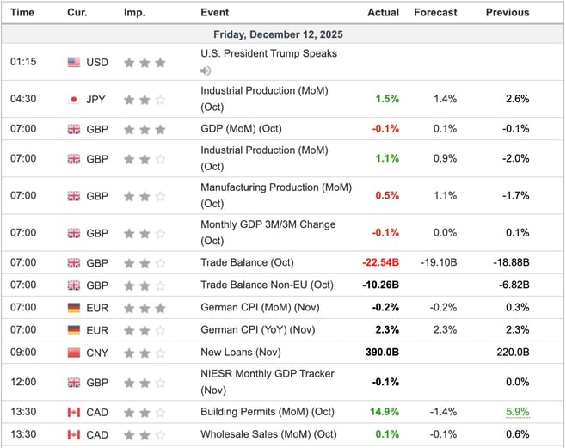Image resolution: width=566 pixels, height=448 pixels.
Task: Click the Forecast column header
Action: [435, 13]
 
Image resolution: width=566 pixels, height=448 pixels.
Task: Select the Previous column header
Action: [508, 13]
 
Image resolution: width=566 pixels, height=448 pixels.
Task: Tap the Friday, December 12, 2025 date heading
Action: [282, 34]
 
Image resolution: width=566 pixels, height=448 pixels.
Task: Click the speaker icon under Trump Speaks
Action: [206, 71]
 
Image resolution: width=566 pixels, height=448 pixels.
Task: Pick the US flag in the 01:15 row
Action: [74, 62]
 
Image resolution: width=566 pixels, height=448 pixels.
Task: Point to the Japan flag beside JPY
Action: [74, 99]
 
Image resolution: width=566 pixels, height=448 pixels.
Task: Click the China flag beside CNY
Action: [74, 352]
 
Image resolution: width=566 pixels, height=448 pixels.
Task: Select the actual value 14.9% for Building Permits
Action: [384, 412]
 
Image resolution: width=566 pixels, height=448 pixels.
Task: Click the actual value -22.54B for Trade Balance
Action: [379, 262]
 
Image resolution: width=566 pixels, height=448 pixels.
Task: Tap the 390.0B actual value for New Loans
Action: [381, 352]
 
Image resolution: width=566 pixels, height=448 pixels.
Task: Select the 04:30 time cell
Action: [22, 99]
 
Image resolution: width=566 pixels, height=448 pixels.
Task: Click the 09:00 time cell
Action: [22, 352]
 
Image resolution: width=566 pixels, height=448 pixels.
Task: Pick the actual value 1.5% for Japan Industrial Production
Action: [387, 99]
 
